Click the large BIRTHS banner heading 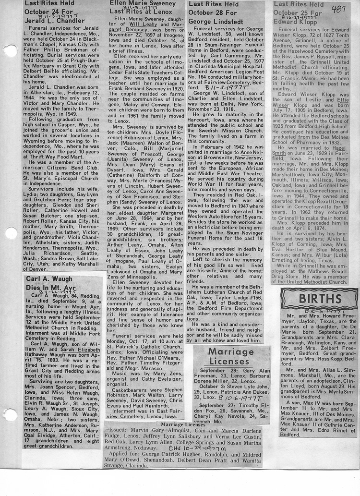coord(319,299)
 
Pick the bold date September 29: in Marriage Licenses coord(218,371)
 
